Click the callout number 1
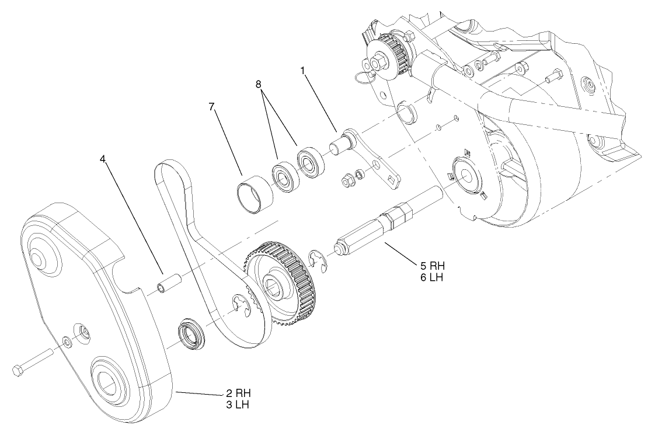pos(302,70)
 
